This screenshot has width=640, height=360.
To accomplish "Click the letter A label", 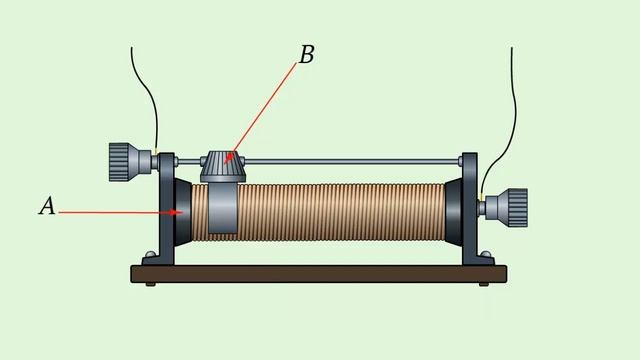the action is pyautogui.click(x=47, y=206).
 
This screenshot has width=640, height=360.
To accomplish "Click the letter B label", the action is pyautogui.click(x=307, y=54).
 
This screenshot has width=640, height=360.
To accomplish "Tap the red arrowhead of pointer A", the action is pyautogui.click(x=177, y=212).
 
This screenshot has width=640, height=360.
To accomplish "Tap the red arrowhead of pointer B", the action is pyautogui.click(x=229, y=158).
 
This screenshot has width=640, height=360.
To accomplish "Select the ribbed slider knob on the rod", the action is pyautogui.click(x=223, y=166).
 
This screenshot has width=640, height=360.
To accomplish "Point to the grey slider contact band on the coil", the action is pyautogui.click(x=223, y=208).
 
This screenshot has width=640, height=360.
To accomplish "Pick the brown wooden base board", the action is pyautogui.click(x=319, y=274).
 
